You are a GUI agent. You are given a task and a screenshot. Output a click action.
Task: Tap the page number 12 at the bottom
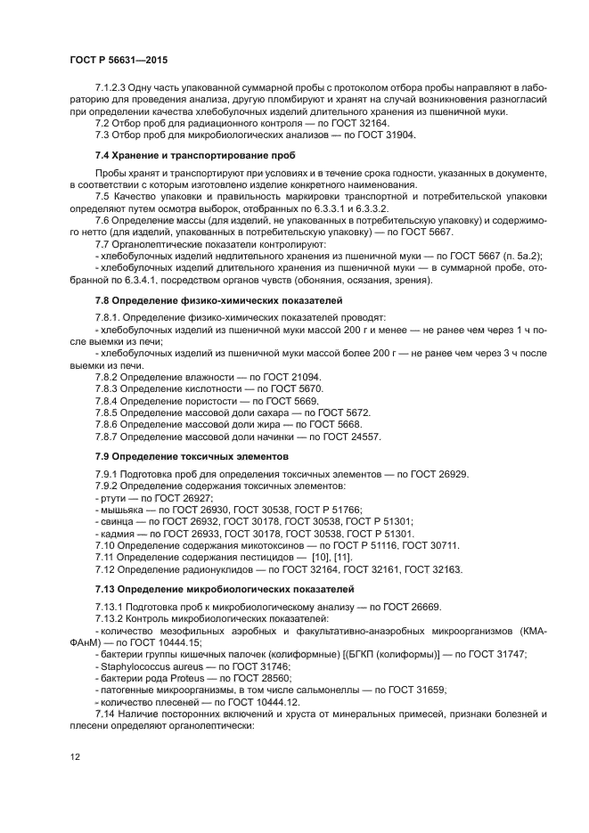coord(75,757)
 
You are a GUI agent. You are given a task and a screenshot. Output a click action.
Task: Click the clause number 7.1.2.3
coord(111,89)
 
